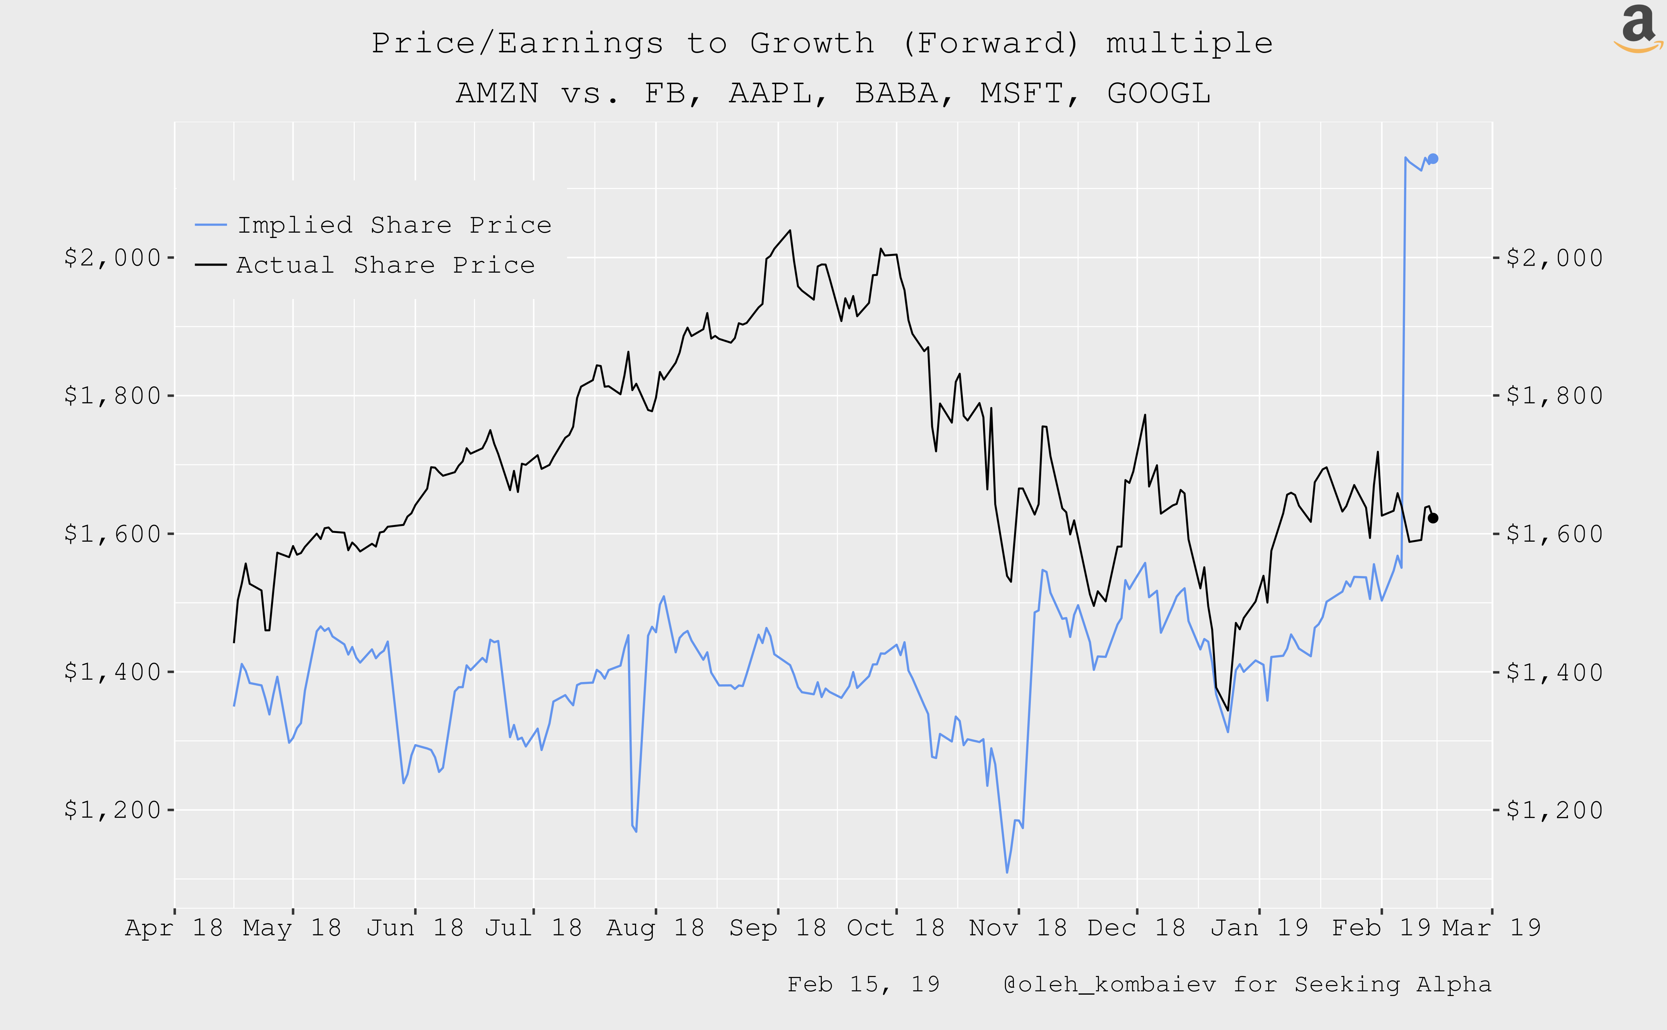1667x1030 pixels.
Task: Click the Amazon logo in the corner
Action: pos(1638,29)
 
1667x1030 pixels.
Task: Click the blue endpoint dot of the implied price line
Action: pos(1433,159)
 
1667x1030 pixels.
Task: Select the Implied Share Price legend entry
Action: pos(394,225)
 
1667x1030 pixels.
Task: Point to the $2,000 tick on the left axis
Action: pos(112,257)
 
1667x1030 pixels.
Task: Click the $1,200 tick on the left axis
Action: pos(112,810)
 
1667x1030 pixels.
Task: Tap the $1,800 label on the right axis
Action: pos(1555,396)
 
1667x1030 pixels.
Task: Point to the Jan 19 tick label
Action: pos(1259,928)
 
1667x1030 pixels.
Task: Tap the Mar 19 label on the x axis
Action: pos(1491,928)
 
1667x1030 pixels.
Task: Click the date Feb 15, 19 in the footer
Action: pos(863,984)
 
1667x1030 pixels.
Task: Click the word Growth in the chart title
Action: pos(812,44)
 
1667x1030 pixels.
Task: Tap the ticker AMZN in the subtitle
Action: pos(497,93)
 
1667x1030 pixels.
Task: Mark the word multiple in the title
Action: pos(1189,44)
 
